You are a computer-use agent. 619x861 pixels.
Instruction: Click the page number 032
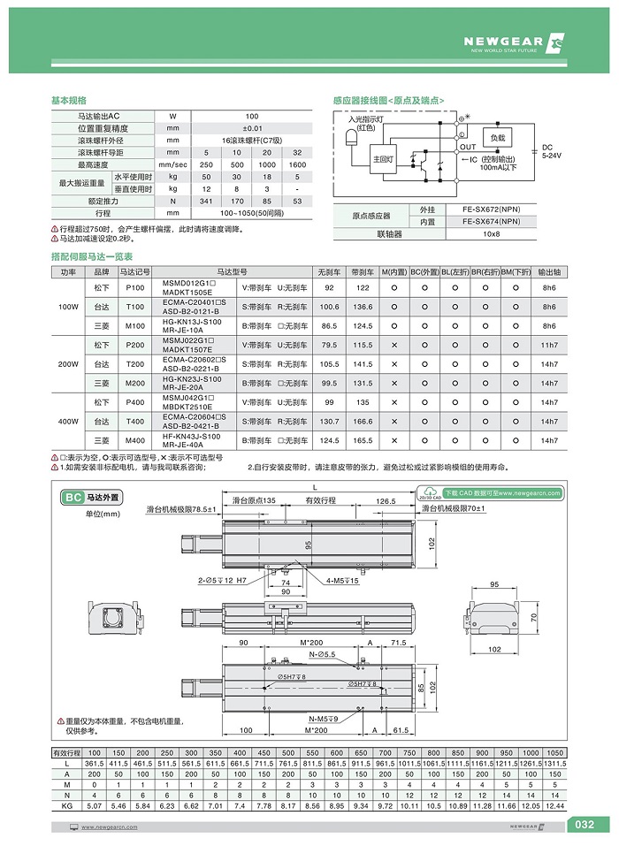point(585,825)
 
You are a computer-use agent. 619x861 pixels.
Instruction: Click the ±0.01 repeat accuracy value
point(251,128)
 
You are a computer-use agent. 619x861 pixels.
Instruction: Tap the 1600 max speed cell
point(297,165)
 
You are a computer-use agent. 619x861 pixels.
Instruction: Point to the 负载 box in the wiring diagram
point(497,138)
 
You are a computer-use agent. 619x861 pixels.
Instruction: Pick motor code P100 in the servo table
point(135,288)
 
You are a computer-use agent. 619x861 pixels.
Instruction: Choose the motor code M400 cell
point(135,440)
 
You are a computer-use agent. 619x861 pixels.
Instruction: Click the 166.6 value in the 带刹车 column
point(363,421)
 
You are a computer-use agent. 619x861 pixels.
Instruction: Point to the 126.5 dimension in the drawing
point(383,500)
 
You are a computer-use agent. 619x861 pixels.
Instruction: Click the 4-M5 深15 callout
point(340,581)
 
